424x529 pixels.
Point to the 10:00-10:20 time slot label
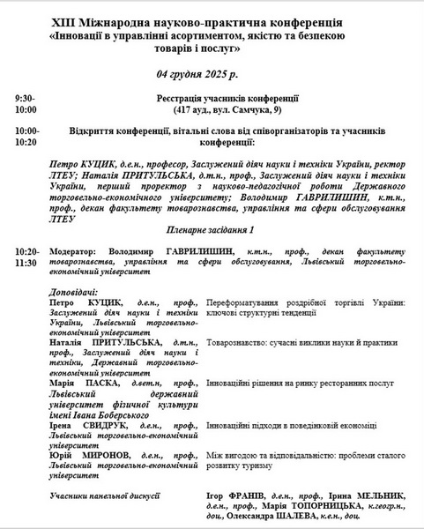coord(26,136)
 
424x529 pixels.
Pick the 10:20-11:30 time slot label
coord(26,257)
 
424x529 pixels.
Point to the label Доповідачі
coord(74,291)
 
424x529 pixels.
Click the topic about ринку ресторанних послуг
coord(300,384)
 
